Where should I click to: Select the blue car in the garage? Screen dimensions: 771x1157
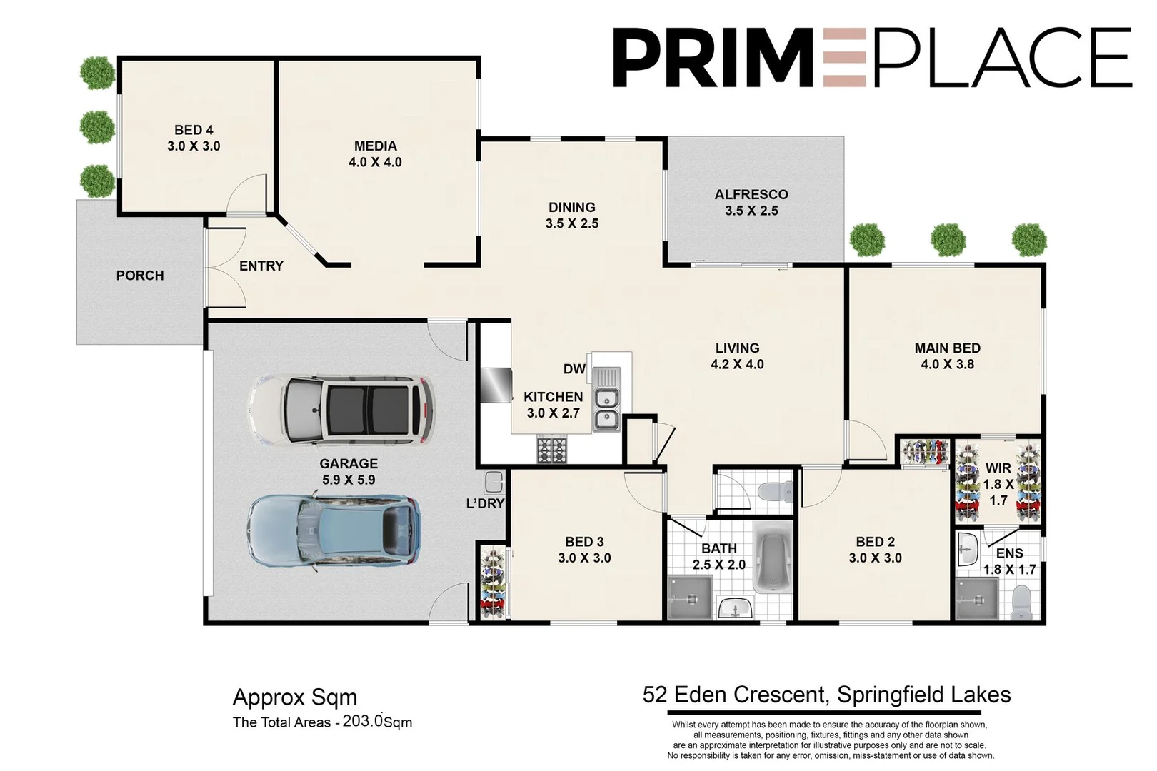(x=333, y=530)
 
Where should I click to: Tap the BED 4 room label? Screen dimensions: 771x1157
(x=194, y=130)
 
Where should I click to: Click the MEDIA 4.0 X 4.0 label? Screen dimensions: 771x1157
(x=375, y=154)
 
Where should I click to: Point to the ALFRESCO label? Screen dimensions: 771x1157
(x=751, y=194)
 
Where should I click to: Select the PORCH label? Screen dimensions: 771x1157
(x=140, y=276)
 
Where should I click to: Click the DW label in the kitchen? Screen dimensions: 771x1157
(x=574, y=369)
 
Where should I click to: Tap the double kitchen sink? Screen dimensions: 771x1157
(x=607, y=409)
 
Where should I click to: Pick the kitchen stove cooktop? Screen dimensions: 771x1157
(x=552, y=450)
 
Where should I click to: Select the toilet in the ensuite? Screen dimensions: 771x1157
(x=1022, y=603)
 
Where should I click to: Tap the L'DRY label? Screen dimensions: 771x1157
(x=485, y=504)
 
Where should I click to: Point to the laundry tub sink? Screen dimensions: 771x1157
(x=494, y=482)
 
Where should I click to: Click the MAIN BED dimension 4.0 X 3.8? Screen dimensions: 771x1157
(x=947, y=364)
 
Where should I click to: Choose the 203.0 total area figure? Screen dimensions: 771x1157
(x=363, y=721)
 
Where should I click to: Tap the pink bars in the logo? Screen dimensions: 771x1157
(x=845, y=58)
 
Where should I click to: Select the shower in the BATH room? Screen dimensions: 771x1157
(x=690, y=598)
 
